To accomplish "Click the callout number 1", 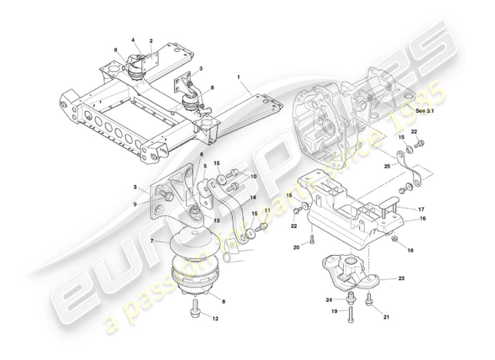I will pyautogui.click(x=238, y=77).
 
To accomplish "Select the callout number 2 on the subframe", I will pyautogui.click(x=151, y=41).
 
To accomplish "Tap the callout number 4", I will pyautogui.click(x=133, y=40).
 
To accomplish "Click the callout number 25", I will pyautogui.click(x=387, y=166).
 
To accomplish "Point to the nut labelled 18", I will pyautogui.click(x=395, y=238).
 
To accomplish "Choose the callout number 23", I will pyautogui.click(x=401, y=279).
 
